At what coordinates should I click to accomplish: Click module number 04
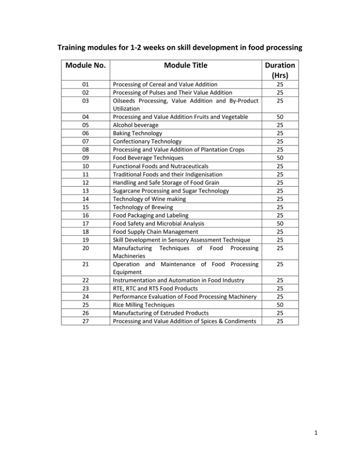click(x=85, y=116)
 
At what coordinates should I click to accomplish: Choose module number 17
click(x=85, y=224)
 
